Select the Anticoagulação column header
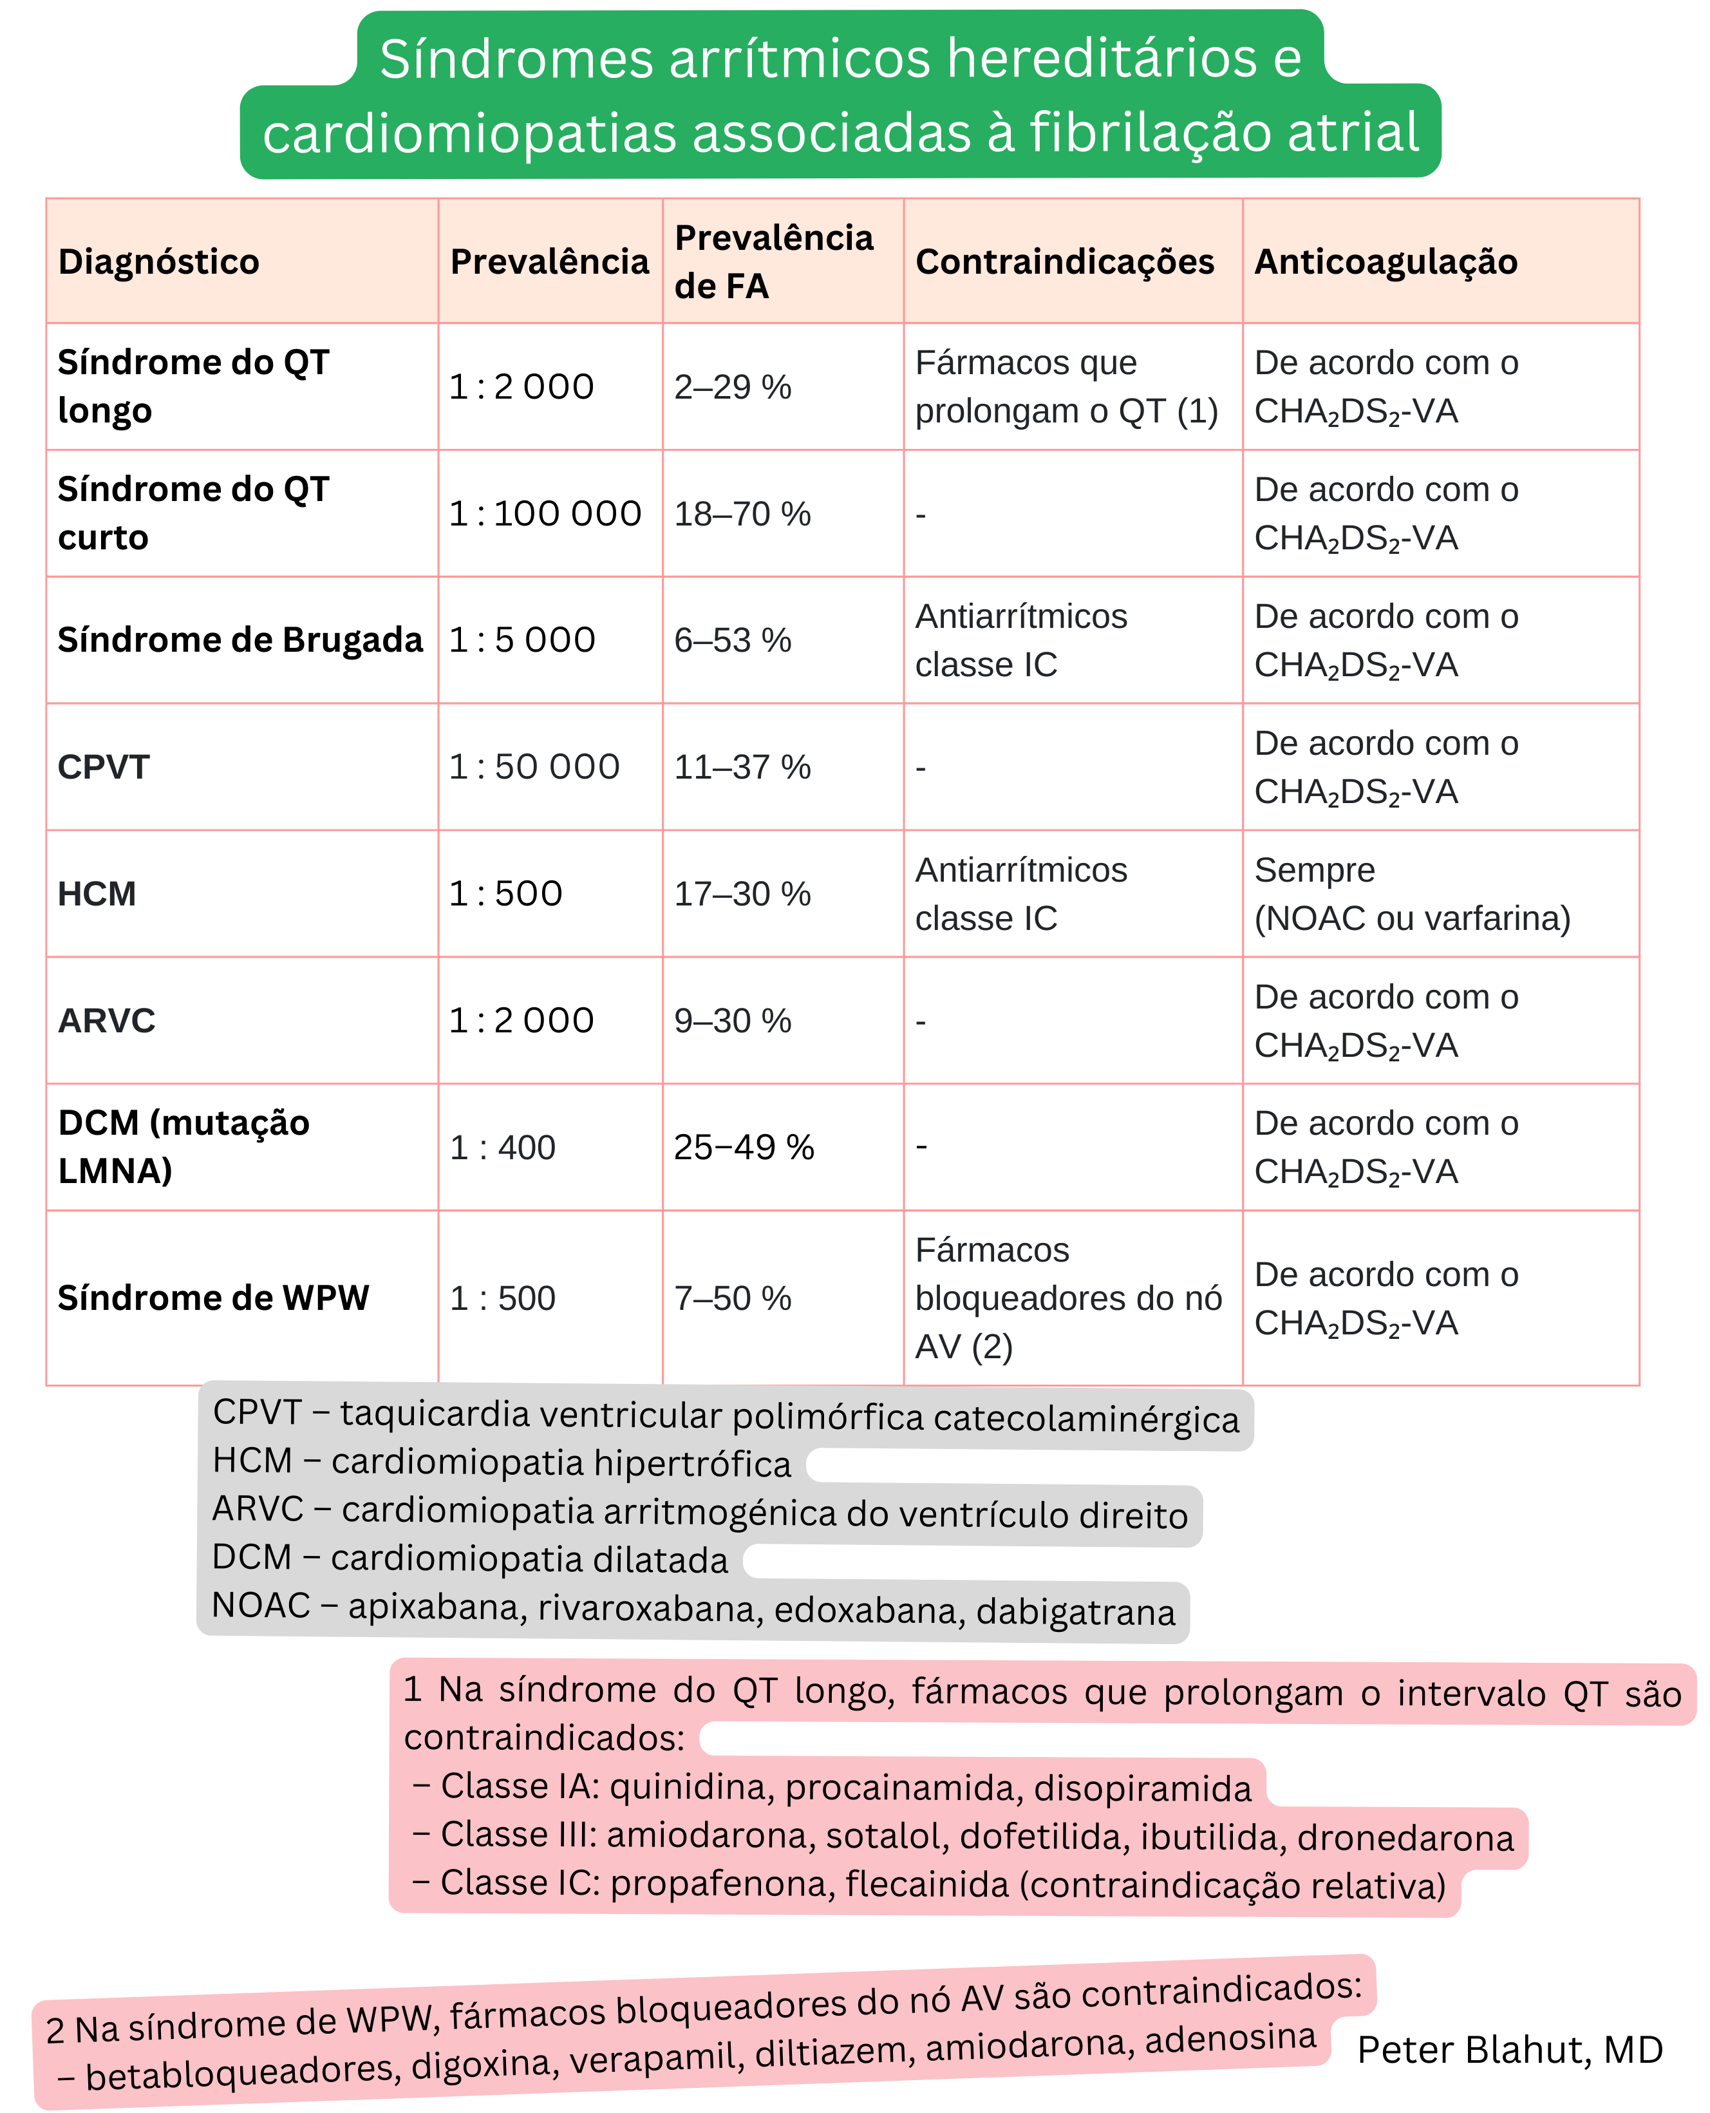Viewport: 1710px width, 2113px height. point(1385,262)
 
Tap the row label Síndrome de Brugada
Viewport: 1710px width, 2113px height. point(240,640)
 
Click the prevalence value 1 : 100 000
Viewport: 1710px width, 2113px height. point(545,513)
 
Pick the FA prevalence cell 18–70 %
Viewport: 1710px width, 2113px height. point(742,514)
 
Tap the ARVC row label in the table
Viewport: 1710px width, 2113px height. point(106,1021)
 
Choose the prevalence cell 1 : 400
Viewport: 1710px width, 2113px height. point(502,1148)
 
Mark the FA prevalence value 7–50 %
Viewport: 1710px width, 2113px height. point(732,1298)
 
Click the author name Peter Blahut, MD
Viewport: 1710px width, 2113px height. point(1509,2050)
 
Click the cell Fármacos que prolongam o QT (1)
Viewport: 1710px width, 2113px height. point(1066,386)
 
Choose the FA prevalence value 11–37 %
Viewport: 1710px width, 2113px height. point(742,768)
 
